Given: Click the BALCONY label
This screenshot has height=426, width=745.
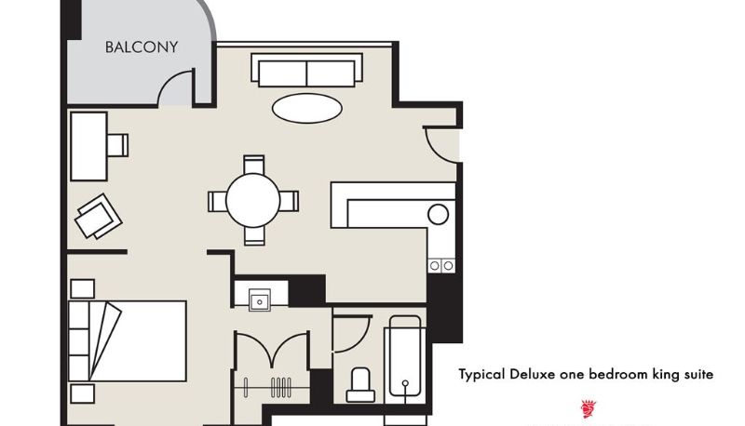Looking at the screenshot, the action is click(x=142, y=47).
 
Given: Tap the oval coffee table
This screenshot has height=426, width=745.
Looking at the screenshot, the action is click(x=307, y=108).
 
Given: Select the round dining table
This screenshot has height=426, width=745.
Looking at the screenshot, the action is click(x=253, y=200).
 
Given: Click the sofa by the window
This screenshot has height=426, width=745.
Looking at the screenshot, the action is click(x=307, y=70).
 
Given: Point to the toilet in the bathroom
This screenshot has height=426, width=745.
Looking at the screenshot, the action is click(x=360, y=385).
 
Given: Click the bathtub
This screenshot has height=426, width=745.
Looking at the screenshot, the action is click(x=405, y=356).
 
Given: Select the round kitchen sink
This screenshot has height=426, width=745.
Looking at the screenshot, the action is click(x=438, y=215).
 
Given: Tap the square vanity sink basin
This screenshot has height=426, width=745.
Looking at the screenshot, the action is click(x=260, y=300).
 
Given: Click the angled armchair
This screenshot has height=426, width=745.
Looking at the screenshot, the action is click(x=99, y=217).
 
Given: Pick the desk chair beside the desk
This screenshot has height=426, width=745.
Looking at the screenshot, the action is click(x=118, y=145).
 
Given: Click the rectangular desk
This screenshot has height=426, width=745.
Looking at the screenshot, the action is click(x=88, y=147).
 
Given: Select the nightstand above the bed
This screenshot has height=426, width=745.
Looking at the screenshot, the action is click(x=83, y=289).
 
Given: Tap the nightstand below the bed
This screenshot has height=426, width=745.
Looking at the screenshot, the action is click(x=83, y=393).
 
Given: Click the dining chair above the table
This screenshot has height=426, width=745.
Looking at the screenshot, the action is click(x=253, y=165).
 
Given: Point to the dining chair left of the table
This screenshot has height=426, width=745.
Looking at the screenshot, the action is click(x=217, y=201).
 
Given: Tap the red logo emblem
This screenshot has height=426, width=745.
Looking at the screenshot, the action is click(x=589, y=408).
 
